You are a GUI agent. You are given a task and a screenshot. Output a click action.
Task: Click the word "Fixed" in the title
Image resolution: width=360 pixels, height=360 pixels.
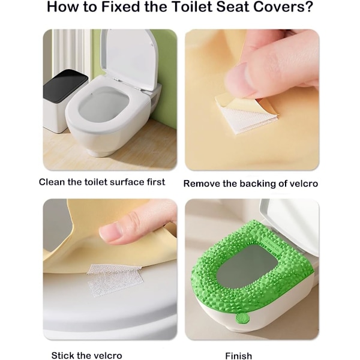[121, 7]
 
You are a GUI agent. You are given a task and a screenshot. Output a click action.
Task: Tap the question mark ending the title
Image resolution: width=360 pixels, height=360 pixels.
[309, 7]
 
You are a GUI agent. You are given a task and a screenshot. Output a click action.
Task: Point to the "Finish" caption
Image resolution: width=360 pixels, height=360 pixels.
[239, 356]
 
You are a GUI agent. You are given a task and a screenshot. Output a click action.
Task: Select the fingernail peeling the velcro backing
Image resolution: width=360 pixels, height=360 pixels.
[239, 79]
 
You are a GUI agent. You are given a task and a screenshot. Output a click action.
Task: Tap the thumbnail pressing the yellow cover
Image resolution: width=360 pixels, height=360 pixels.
[113, 232]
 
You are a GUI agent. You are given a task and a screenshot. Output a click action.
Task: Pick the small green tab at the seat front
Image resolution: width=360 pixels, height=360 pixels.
[242, 319]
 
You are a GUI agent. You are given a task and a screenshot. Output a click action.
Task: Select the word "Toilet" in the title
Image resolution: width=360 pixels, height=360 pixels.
[192, 7]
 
